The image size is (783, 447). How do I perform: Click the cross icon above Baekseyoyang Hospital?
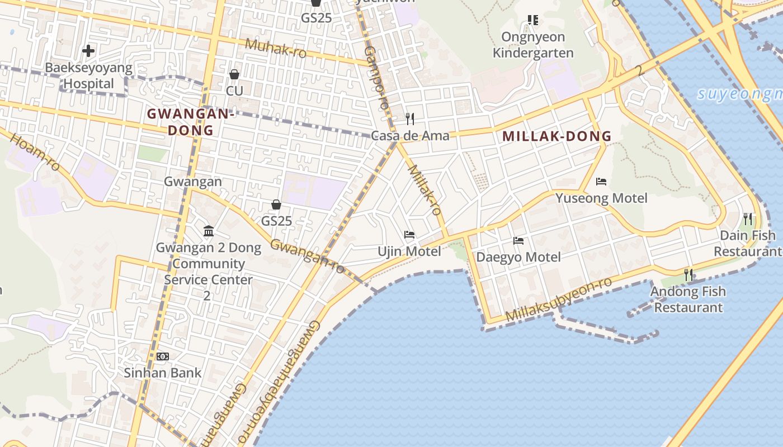click(x=88, y=51)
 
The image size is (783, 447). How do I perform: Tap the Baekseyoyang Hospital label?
click(x=88, y=76)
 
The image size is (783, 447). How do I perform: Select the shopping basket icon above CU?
click(x=234, y=74)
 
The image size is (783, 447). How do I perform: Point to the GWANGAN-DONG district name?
click(x=189, y=122)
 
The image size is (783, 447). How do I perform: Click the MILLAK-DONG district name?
click(x=556, y=136)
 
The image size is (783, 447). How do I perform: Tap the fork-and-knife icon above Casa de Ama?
click(x=410, y=118)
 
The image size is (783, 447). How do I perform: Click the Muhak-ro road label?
click(x=276, y=48)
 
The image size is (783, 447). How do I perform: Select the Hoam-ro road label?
click(x=35, y=151)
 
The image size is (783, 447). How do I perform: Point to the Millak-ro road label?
click(x=424, y=190)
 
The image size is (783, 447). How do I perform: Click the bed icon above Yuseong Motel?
click(x=601, y=182)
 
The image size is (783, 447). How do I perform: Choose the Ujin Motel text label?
click(x=409, y=251)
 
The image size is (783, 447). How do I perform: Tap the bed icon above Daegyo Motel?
click(x=518, y=241)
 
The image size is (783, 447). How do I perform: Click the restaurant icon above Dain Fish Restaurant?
click(x=748, y=218)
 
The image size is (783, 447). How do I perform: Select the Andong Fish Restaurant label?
click(x=688, y=299)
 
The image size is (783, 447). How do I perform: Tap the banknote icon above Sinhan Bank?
click(x=163, y=356)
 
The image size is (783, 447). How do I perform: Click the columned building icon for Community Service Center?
click(x=209, y=231)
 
